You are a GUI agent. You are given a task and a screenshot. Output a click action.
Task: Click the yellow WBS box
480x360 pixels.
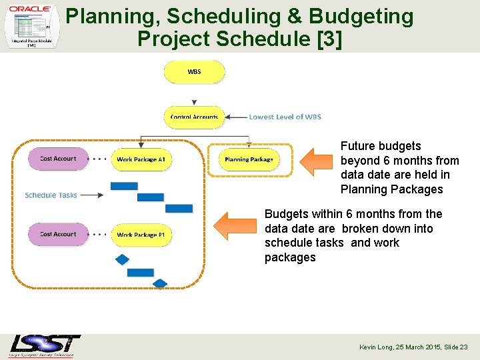point(194,72)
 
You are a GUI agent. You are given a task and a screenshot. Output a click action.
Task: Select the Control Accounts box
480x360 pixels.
point(194,117)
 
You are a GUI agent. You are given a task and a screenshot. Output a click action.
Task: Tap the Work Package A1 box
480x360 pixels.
point(141,159)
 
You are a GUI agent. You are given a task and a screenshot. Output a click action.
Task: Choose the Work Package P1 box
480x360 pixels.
point(141,235)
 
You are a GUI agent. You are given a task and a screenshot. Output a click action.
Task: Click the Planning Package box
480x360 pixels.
point(249,159)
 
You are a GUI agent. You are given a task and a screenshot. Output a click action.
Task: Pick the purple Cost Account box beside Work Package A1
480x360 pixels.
point(58,159)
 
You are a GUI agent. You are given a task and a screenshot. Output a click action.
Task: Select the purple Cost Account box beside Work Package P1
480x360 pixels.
point(58,234)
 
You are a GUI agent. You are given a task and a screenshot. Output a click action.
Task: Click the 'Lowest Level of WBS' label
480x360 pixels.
point(285,117)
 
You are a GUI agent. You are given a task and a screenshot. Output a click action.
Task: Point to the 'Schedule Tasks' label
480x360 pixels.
point(51,195)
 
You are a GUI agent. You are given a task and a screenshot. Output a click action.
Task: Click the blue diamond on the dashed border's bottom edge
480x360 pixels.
point(160,284)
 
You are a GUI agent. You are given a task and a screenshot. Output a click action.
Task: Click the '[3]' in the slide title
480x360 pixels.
point(329,39)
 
